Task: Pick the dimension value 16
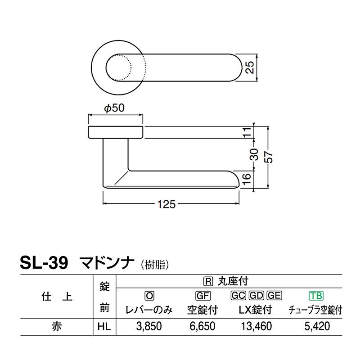tap(246, 179)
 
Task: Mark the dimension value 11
tap(246, 132)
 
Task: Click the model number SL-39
tap(44, 262)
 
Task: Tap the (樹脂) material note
tap(155, 264)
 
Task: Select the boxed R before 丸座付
tap(208, 282)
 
